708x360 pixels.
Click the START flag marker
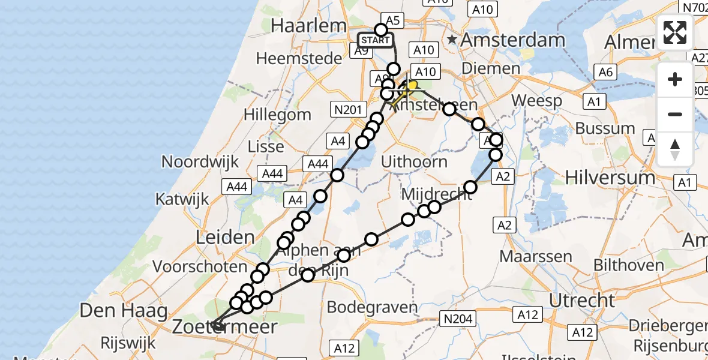click(376, 41)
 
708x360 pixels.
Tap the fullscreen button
click(675, 32)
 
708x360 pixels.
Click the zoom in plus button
click(675, 79)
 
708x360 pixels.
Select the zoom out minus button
click(675, 114)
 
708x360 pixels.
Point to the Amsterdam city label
click(514, 40)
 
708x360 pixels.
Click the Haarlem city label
click(309, 25)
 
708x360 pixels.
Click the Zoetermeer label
click(225, 327)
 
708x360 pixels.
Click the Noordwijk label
click(200, 161)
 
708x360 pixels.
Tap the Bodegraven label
click(372, 308)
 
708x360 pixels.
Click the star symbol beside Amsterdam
click(452, 40)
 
